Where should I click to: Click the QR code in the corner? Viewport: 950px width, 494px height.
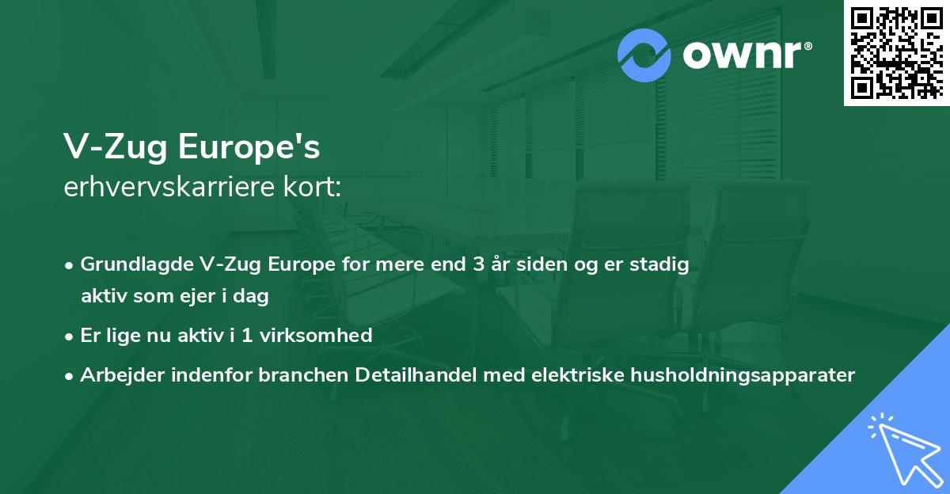(896, 53)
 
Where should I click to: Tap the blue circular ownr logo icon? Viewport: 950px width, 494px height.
(644, 55)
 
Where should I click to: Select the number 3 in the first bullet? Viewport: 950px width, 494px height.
(478, 264)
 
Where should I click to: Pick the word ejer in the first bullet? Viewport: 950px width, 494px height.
(202, 297)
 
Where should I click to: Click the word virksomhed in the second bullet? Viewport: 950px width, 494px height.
(325, 336)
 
